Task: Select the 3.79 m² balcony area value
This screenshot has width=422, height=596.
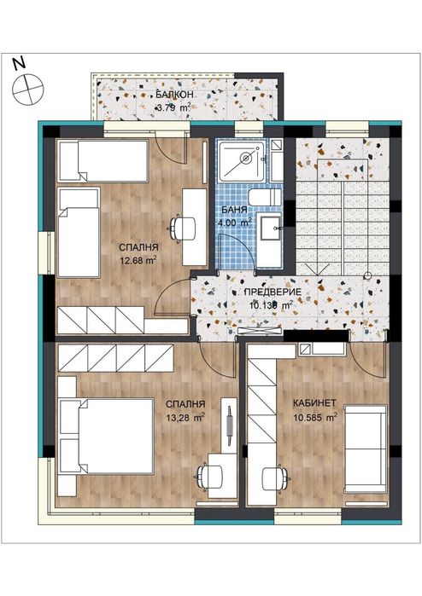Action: (172, 108)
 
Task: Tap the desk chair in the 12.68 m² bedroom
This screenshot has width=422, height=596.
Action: (178, 229)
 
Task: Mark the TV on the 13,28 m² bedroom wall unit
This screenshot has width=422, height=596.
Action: (231, 426)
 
